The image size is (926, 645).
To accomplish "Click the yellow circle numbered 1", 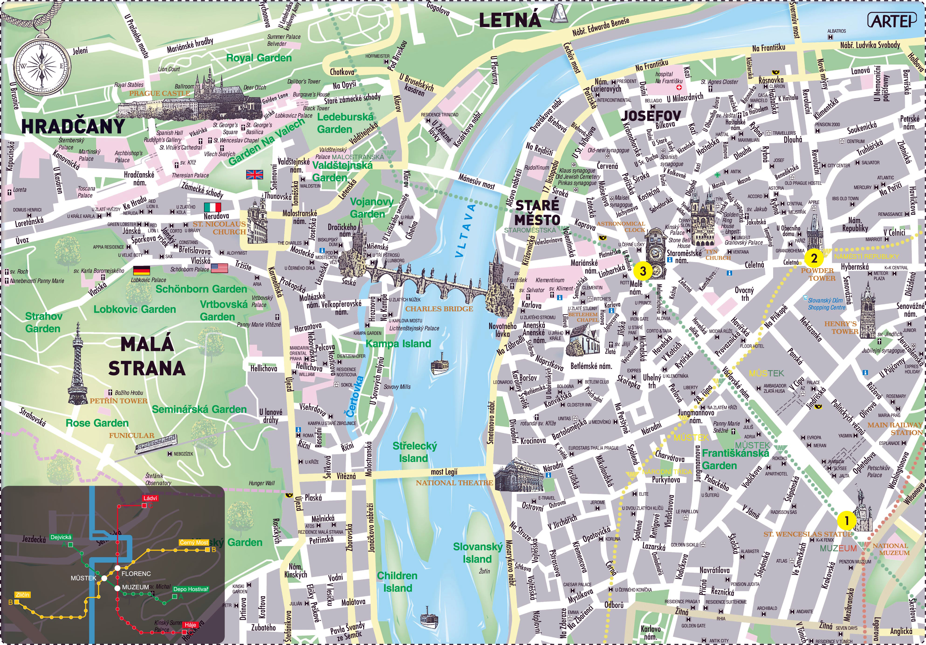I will click(x=847, y=520).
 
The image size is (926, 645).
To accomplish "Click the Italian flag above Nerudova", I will click(x=213, y=207).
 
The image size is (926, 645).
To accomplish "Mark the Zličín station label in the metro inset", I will click(x=22, y=595).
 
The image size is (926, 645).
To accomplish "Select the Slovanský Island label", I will click(x=477, y=553).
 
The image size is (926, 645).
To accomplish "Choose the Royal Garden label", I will click(x=258, y=58).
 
